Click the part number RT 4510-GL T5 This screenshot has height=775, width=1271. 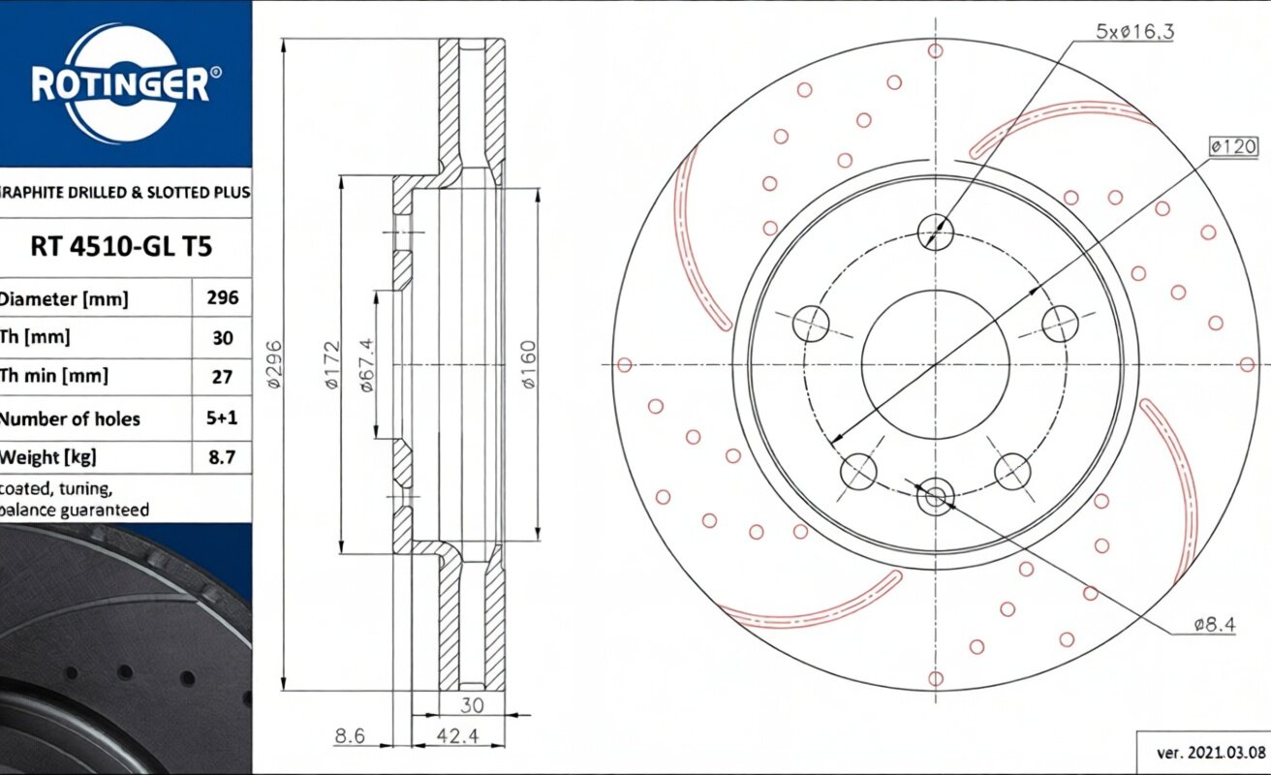tap(121, 247)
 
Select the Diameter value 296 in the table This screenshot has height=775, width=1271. tap(223, 297)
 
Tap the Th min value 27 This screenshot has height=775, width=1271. tap(222, 377)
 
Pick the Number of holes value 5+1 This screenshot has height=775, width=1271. tap(222, 418)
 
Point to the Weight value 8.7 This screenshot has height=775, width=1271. tap(222, 457)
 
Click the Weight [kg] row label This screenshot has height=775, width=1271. tap(47, 456)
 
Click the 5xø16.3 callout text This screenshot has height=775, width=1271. tap(1134, 32)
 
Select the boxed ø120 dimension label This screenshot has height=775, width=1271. tap(1233, 147)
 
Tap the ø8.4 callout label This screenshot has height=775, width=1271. tap(1214, 625)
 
